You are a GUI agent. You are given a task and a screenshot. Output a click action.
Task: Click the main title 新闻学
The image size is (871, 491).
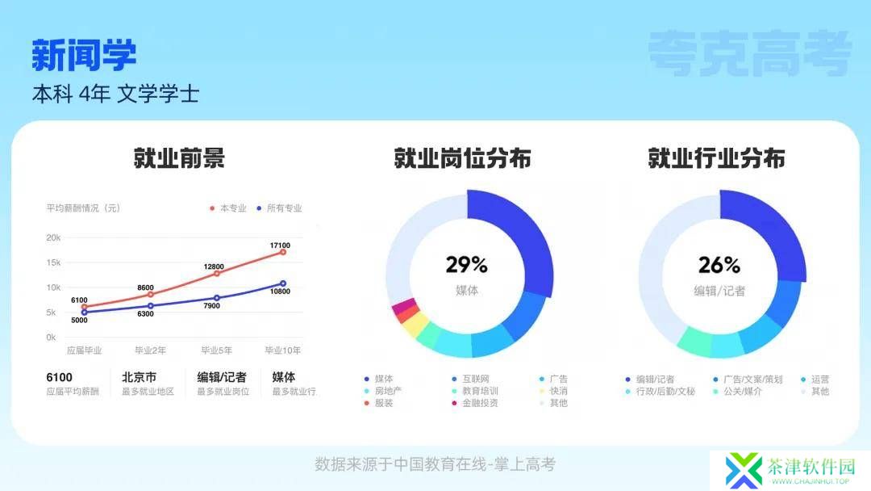click(x=84, y=55)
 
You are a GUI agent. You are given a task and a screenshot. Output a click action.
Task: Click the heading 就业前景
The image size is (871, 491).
click(x=179, y=158)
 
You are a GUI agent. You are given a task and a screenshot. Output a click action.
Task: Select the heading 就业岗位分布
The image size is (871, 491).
click(x=462, y=158)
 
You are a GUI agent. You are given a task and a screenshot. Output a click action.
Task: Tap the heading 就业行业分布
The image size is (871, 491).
click(x=717, y=158)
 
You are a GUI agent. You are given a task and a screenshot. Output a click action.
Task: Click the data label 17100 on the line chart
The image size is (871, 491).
click(x=280, y=245)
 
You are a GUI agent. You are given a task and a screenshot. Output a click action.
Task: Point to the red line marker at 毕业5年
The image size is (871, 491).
click(x=217, y=274)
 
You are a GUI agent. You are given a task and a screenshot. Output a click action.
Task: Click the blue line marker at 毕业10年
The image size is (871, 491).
click(x=283, y=283)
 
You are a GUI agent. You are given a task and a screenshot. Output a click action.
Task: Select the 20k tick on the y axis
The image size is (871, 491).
click(x=53, y=237)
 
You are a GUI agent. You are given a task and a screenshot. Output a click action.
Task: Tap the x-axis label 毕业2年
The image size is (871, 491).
click(x=151, y=350)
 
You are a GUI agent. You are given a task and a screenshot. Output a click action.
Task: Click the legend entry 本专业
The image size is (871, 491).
click(x=228, y=208)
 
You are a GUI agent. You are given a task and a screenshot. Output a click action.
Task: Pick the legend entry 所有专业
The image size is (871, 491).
click(x=279, y=208)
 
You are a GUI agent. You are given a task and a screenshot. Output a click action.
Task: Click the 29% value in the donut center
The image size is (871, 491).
click(x=467, y=265)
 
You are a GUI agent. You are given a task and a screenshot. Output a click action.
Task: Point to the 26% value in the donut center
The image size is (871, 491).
click(x=719, y=265)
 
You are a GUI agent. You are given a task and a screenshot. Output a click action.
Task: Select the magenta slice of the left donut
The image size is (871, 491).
click(x=404, y=305)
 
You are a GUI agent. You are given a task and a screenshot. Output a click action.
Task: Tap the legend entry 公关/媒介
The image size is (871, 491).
click(x=738, y=392)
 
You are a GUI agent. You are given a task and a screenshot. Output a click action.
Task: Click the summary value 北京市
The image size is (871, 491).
click(x=139, y=377)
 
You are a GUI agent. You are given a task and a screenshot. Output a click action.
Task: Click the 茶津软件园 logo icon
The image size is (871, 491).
click(x=744, y=471)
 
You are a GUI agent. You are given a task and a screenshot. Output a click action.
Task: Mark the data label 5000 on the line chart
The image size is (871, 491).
click(x=79, y=321)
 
